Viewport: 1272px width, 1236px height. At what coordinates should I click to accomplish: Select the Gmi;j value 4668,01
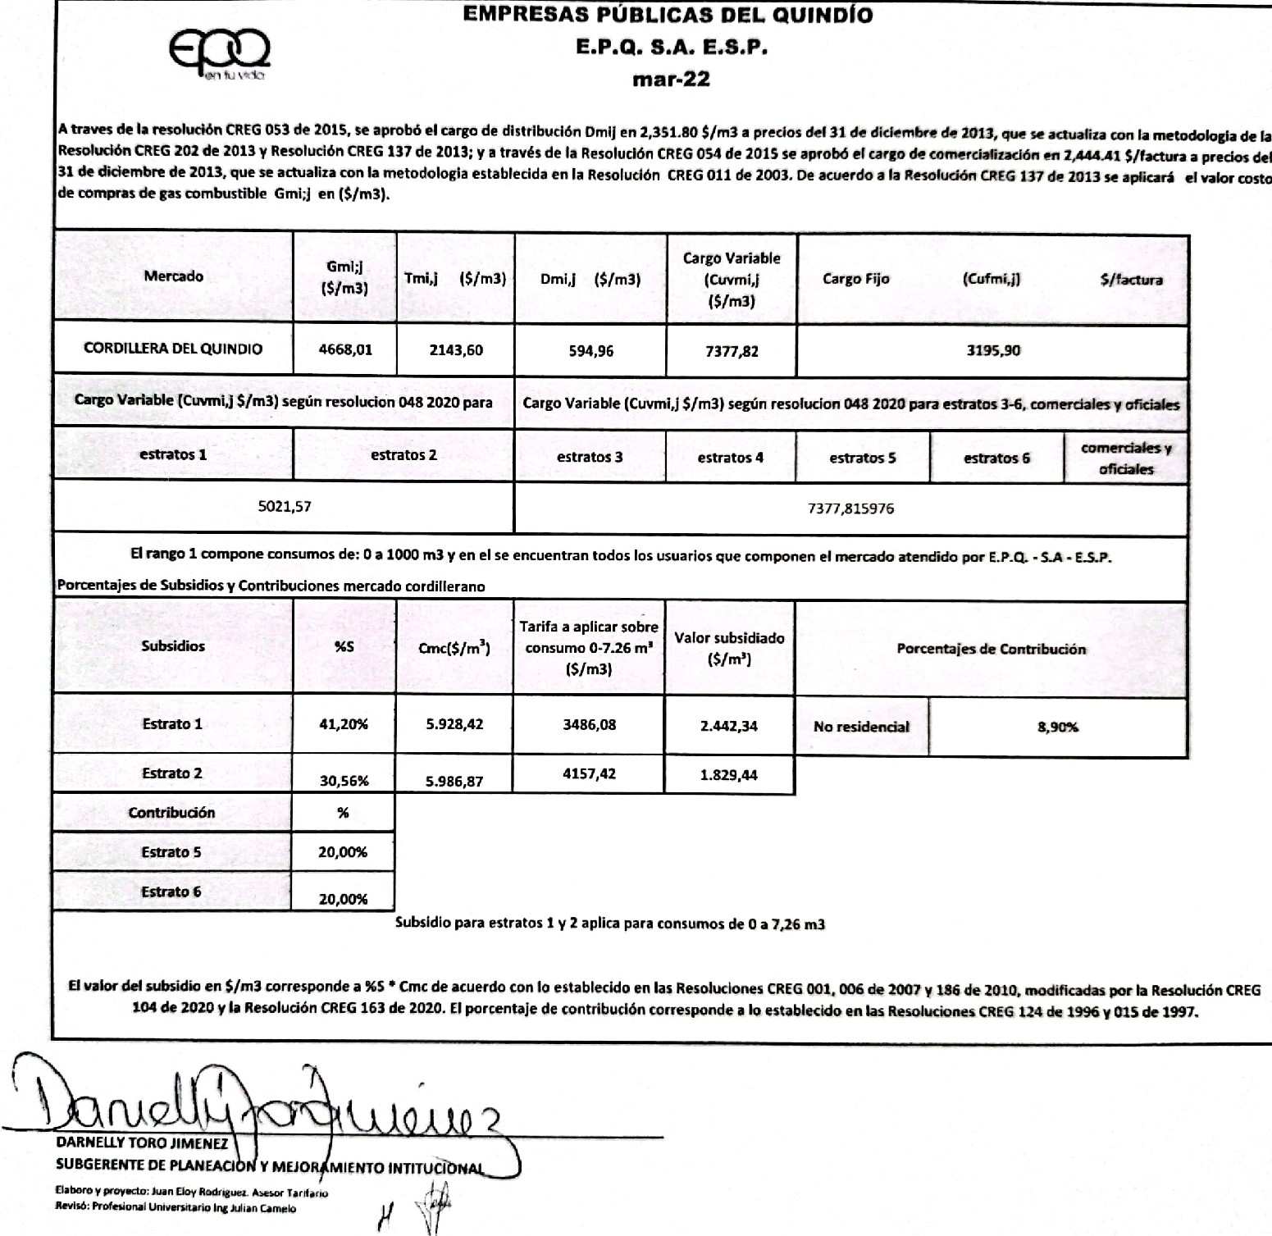[x=344, y=349]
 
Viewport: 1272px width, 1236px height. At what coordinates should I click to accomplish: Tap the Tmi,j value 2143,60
[x=456, y=350]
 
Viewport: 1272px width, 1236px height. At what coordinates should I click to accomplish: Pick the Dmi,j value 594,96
[x=590, y=351]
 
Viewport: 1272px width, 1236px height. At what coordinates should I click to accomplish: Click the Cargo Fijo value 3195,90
[x=993, y=350]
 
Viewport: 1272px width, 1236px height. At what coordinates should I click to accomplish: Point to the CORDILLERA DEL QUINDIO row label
[x=173, y=349]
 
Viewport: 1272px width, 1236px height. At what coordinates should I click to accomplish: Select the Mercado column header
[x=173, y=276]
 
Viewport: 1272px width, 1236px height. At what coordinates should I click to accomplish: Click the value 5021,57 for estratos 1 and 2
[x=284, y=507]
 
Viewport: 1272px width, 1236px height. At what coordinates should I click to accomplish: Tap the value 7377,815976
[x=850, y=509]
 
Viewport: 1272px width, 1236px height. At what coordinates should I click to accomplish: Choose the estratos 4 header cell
[x=730, y=458]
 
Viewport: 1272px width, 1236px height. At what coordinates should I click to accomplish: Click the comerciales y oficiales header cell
[x=1126, y=458]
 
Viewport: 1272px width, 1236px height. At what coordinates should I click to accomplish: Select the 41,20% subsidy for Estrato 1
[x=344, y=724]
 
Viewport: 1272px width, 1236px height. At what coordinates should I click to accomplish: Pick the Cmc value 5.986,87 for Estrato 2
[x=454, y=782]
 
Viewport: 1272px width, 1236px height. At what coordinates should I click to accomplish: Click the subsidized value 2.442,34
[x=729, y=726]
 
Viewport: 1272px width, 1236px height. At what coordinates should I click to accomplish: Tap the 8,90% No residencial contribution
[x=1057, y=727]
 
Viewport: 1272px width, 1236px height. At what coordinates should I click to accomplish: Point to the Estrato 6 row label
[x=171, y=892]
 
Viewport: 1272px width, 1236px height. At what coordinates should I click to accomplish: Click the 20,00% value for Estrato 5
[x=343, y=852]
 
